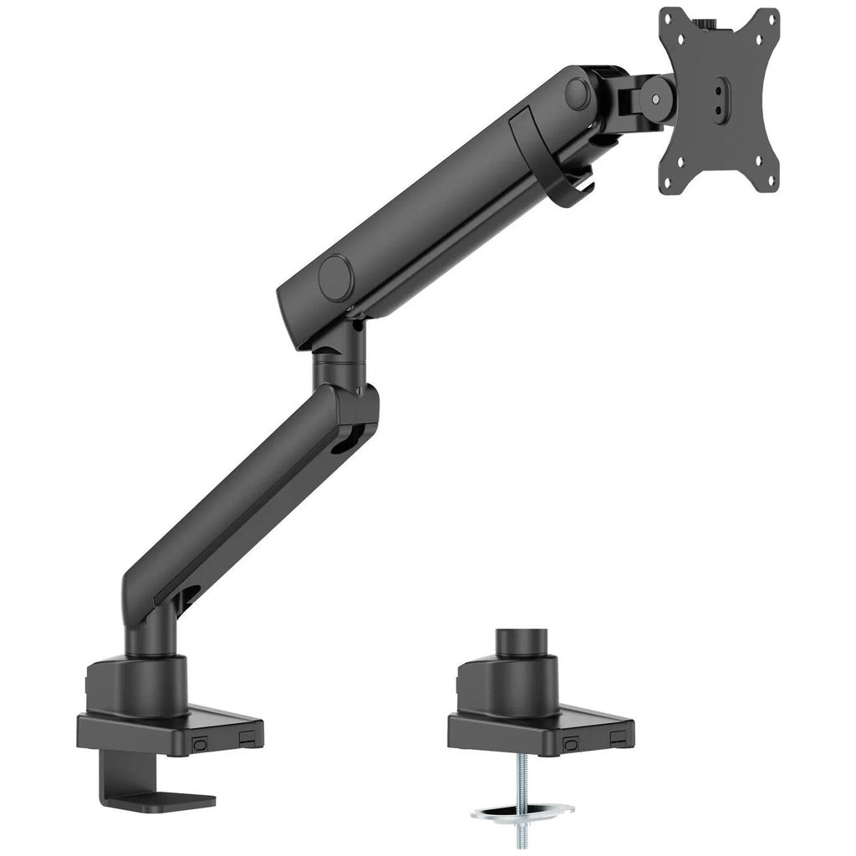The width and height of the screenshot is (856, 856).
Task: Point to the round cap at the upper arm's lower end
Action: (336, 277)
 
